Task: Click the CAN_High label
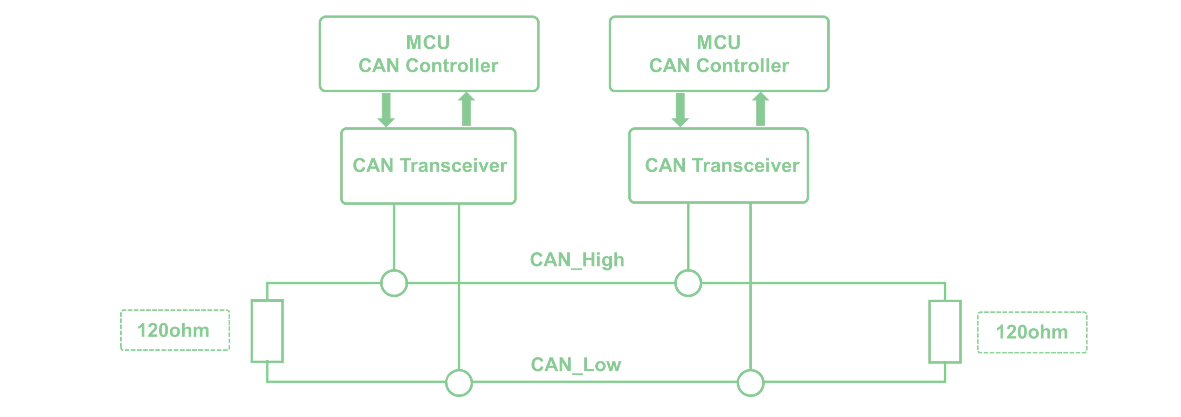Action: coord(577,260)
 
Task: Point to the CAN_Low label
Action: coord(576,365)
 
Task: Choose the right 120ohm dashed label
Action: coord(1032,332)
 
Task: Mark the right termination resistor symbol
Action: coord(945,332)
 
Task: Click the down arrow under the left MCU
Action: coord(386,110)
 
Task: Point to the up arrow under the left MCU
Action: coord(466,109)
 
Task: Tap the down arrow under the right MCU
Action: coord(680,110)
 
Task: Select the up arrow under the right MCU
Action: coord(761,109)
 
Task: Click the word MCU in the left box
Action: coord(428,43)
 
